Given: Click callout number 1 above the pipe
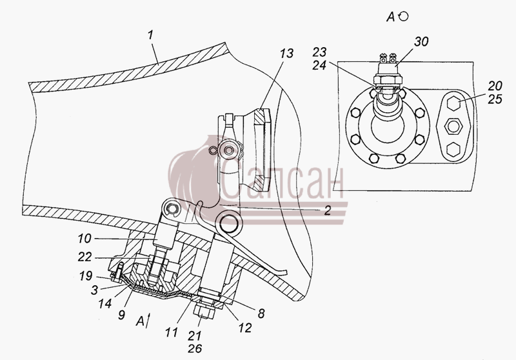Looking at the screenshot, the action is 151,35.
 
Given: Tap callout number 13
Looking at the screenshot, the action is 286,54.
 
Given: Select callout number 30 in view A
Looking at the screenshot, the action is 421,42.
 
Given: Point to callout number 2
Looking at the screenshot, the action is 327,210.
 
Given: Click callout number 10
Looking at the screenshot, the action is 84,238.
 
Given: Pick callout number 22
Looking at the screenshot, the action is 84,257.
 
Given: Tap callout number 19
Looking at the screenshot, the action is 86,275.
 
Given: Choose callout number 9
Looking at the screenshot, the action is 121,315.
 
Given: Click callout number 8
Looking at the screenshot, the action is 261,314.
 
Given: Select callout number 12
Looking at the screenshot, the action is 245,328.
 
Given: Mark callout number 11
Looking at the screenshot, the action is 171,332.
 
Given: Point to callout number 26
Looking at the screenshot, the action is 195,348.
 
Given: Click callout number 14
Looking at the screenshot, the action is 104,303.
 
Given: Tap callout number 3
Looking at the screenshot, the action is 94,290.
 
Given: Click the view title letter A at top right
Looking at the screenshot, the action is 390,17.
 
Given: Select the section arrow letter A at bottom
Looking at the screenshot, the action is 140,321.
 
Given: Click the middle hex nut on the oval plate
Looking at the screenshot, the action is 453,126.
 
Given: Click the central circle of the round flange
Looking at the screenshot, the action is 387,126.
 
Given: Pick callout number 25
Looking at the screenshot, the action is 495,99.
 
